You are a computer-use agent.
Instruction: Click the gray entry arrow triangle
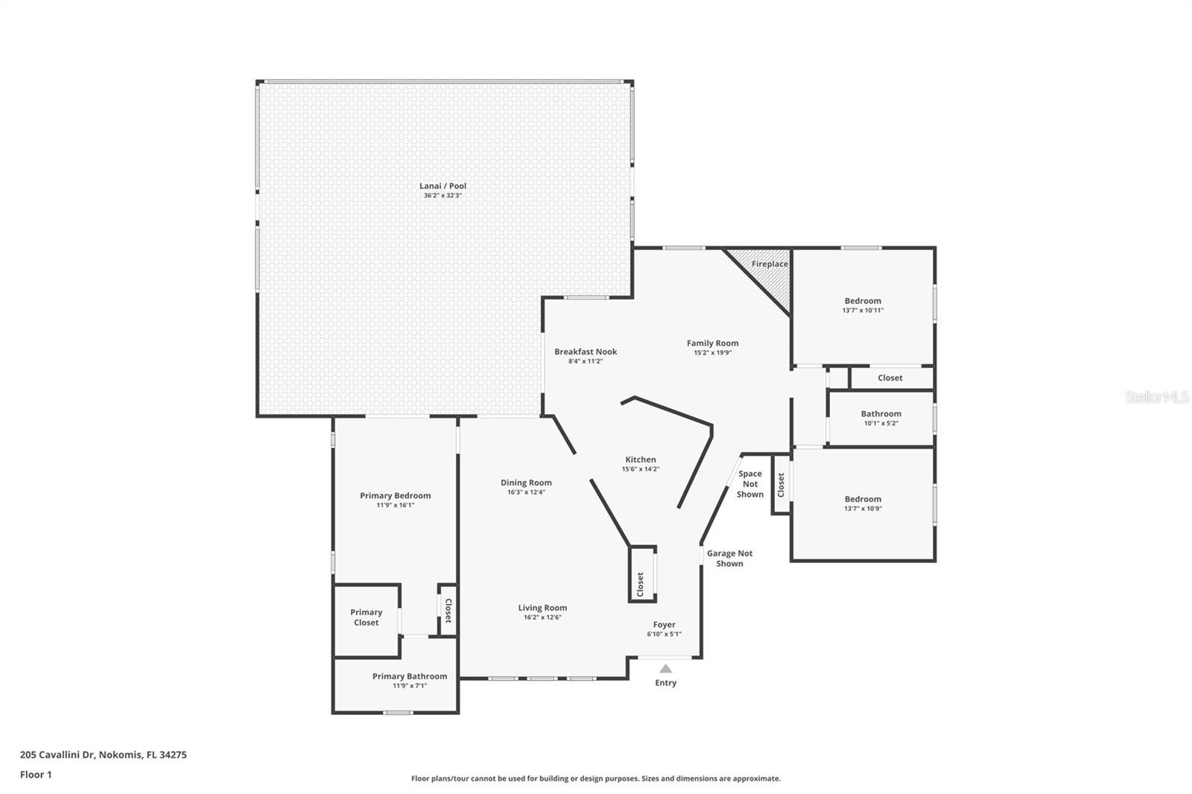(x=666, y=668)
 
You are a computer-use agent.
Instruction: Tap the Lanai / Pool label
(x=443, y=185)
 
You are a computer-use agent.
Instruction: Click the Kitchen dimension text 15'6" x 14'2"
(x=641, y=469)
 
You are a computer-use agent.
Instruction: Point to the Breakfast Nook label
(x=586, y=352)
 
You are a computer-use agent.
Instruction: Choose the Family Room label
(x=712, y=343)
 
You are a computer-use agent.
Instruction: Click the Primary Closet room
(x=367, y=620)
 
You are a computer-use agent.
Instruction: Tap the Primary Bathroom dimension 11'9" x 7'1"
(x=410, y=685)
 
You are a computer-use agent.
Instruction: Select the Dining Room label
(x=526, y=483)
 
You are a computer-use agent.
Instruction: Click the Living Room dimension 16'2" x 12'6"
(x=543, y=617)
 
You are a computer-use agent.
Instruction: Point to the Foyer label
(x=664, y=625)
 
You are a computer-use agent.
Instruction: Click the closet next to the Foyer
(x=642, y=574)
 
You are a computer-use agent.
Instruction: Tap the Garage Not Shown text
(x=729, y=559)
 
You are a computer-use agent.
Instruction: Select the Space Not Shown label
(x=750, y=483)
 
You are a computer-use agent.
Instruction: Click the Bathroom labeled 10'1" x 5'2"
(x=881, y=419)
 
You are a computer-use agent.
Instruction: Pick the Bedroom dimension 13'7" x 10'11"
(x=863, y=311)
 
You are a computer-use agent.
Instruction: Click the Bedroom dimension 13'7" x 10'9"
(x=863, y=508)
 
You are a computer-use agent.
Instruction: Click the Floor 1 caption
(x=37, y=775)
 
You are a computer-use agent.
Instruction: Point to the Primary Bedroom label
(x=396, y=495)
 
